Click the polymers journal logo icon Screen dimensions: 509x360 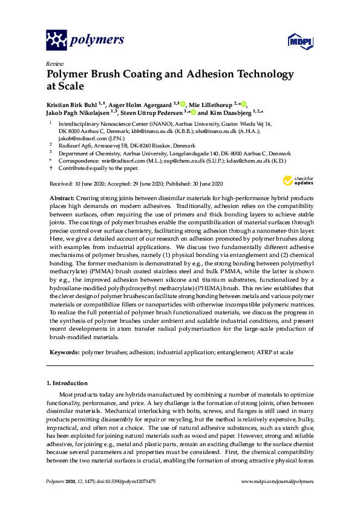click(x=57, y=41)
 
